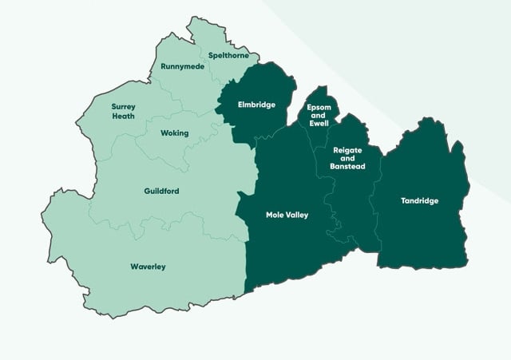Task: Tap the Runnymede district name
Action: [x=182, y=66]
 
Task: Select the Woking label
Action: [x=174, y=133]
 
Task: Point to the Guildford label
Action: [x=161, y=191]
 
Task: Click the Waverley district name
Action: [x=148, y=267]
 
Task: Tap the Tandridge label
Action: [x=419, y=200]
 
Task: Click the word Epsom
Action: [x=318, y=108]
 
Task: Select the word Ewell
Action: [x=318, y=124]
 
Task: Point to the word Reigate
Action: [x=347, y=150]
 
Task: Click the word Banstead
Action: [x=347, y=166]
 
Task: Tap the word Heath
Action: [x=123, y=116]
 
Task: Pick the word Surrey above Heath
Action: [x=123, y=106]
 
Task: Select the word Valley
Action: [x=297, y=215]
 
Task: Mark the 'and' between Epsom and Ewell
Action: [x=318, y=116]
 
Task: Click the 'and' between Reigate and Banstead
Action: [x=347, y=158]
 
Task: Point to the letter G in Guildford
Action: [x=147, y=191]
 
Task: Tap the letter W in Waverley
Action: [x=133, y=267]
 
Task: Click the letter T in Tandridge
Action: [x=403, y=200]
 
